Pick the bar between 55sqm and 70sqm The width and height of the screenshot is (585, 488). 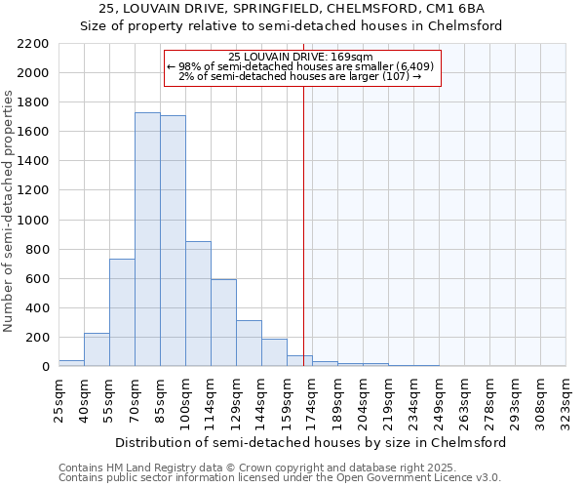click(x=122, y=312)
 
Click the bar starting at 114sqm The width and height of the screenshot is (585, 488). click(x=223, y=322)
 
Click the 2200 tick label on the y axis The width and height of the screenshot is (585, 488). click(x=33, y=44)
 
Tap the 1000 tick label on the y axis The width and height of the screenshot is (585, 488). click(x=33, y=221)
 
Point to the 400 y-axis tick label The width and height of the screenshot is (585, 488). click(x=37, y=308)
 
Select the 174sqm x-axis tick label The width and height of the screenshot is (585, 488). click(x=312, y=396)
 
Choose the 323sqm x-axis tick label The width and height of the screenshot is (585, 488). click(x=565, y=396)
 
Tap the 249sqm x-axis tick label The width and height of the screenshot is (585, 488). click(x=439, y=396)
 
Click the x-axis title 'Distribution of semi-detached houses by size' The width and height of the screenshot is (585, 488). click(x=310, y=442)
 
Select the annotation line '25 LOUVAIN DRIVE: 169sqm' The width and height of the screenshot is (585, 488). click(x=303, y=58)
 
